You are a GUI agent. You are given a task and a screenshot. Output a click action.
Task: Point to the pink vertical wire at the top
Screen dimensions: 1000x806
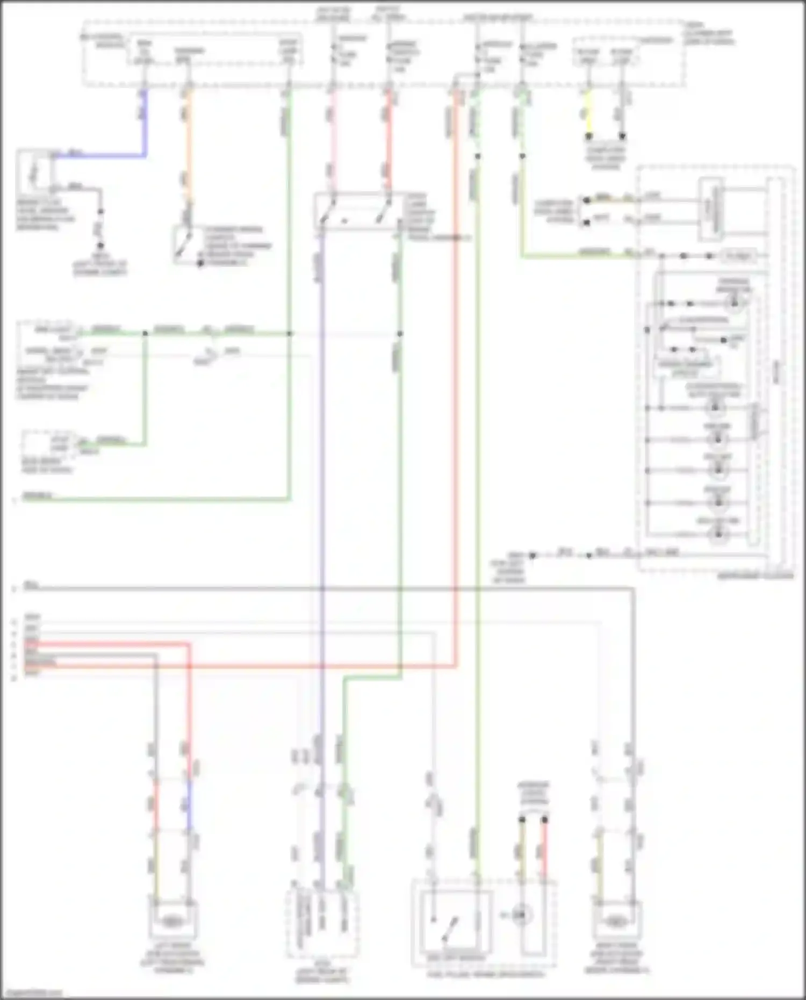[x=333, y=140]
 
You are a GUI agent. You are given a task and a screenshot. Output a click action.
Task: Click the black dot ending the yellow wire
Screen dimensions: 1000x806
[x=589, y=136]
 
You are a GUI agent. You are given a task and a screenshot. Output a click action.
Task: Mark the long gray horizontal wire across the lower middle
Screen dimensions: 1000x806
[x=322, y=589]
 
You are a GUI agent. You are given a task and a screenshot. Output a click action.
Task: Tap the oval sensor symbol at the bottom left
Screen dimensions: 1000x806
[x=171, y=922]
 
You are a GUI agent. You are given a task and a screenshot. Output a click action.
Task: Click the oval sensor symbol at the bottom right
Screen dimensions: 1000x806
[x=615, y=922]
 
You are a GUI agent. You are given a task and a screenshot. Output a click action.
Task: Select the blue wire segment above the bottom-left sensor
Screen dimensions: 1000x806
[x=189, y=806]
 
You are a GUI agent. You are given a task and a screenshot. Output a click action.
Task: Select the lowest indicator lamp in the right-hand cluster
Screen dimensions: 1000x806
[x=718, y=534]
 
